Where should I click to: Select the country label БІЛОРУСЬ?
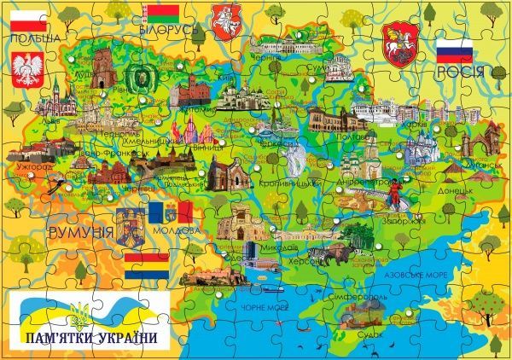point(170,30)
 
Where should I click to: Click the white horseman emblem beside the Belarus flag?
point(223,16)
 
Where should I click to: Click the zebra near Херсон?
point(317,253)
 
